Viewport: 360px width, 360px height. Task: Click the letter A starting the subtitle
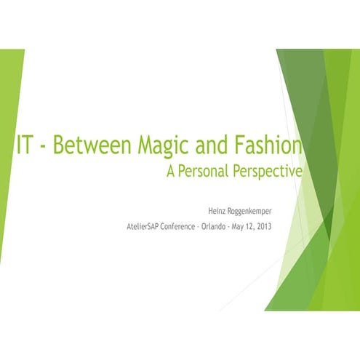[172, 172]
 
